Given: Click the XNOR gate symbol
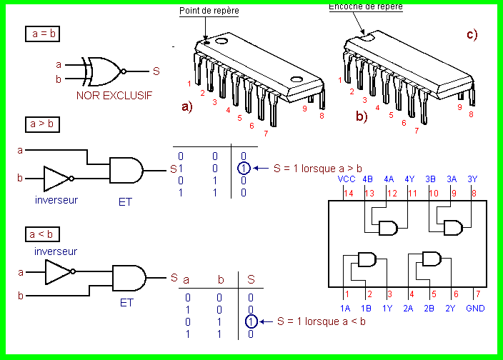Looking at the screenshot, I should [104, 71].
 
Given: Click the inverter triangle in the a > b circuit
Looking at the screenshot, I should [57, 178].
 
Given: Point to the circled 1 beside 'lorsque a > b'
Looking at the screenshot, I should [244, 169].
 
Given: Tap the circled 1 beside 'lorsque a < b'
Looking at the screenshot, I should [251, 321].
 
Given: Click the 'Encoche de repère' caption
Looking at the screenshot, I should [365, 6].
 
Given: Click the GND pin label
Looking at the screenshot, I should [476, 308].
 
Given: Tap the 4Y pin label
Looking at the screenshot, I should [410, 179].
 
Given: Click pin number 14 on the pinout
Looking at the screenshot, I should [348, 192].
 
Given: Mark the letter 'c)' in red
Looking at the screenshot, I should [472, 34].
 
